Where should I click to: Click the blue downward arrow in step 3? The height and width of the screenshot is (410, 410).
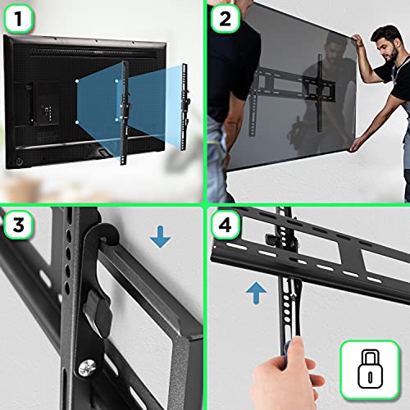coord(161,239)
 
